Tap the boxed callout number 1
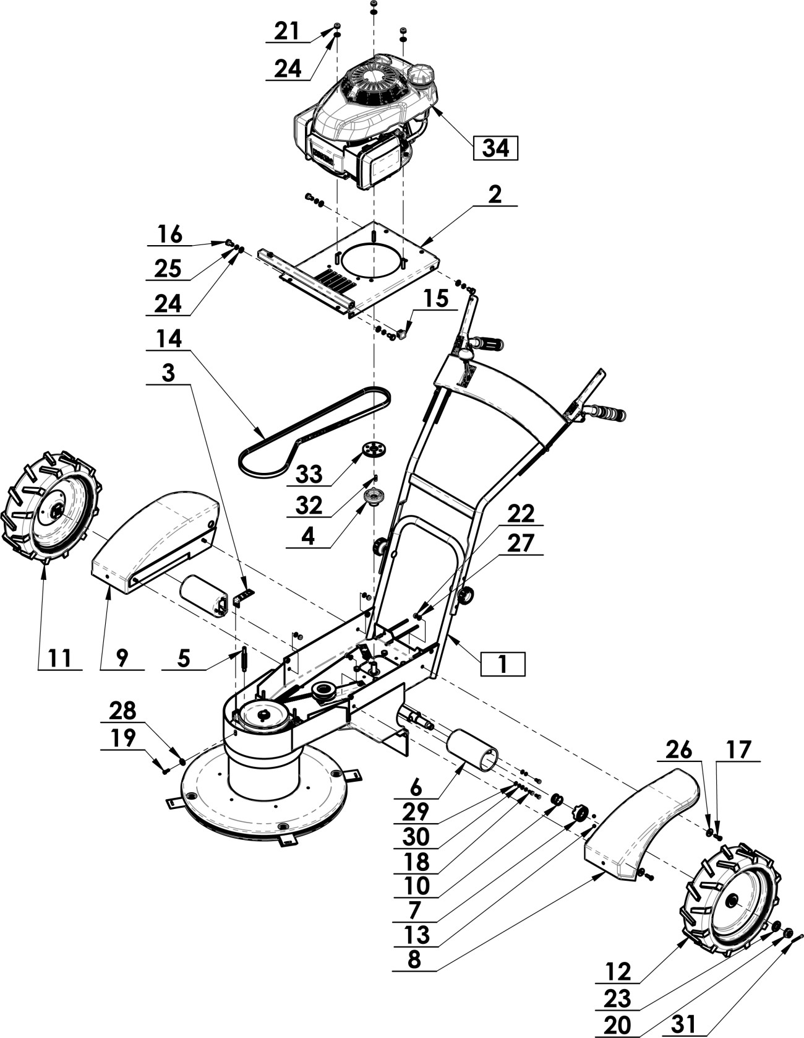click(x=503, y=664)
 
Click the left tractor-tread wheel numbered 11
click(x=53, y=508)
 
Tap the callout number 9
click(x=122, y=658)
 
